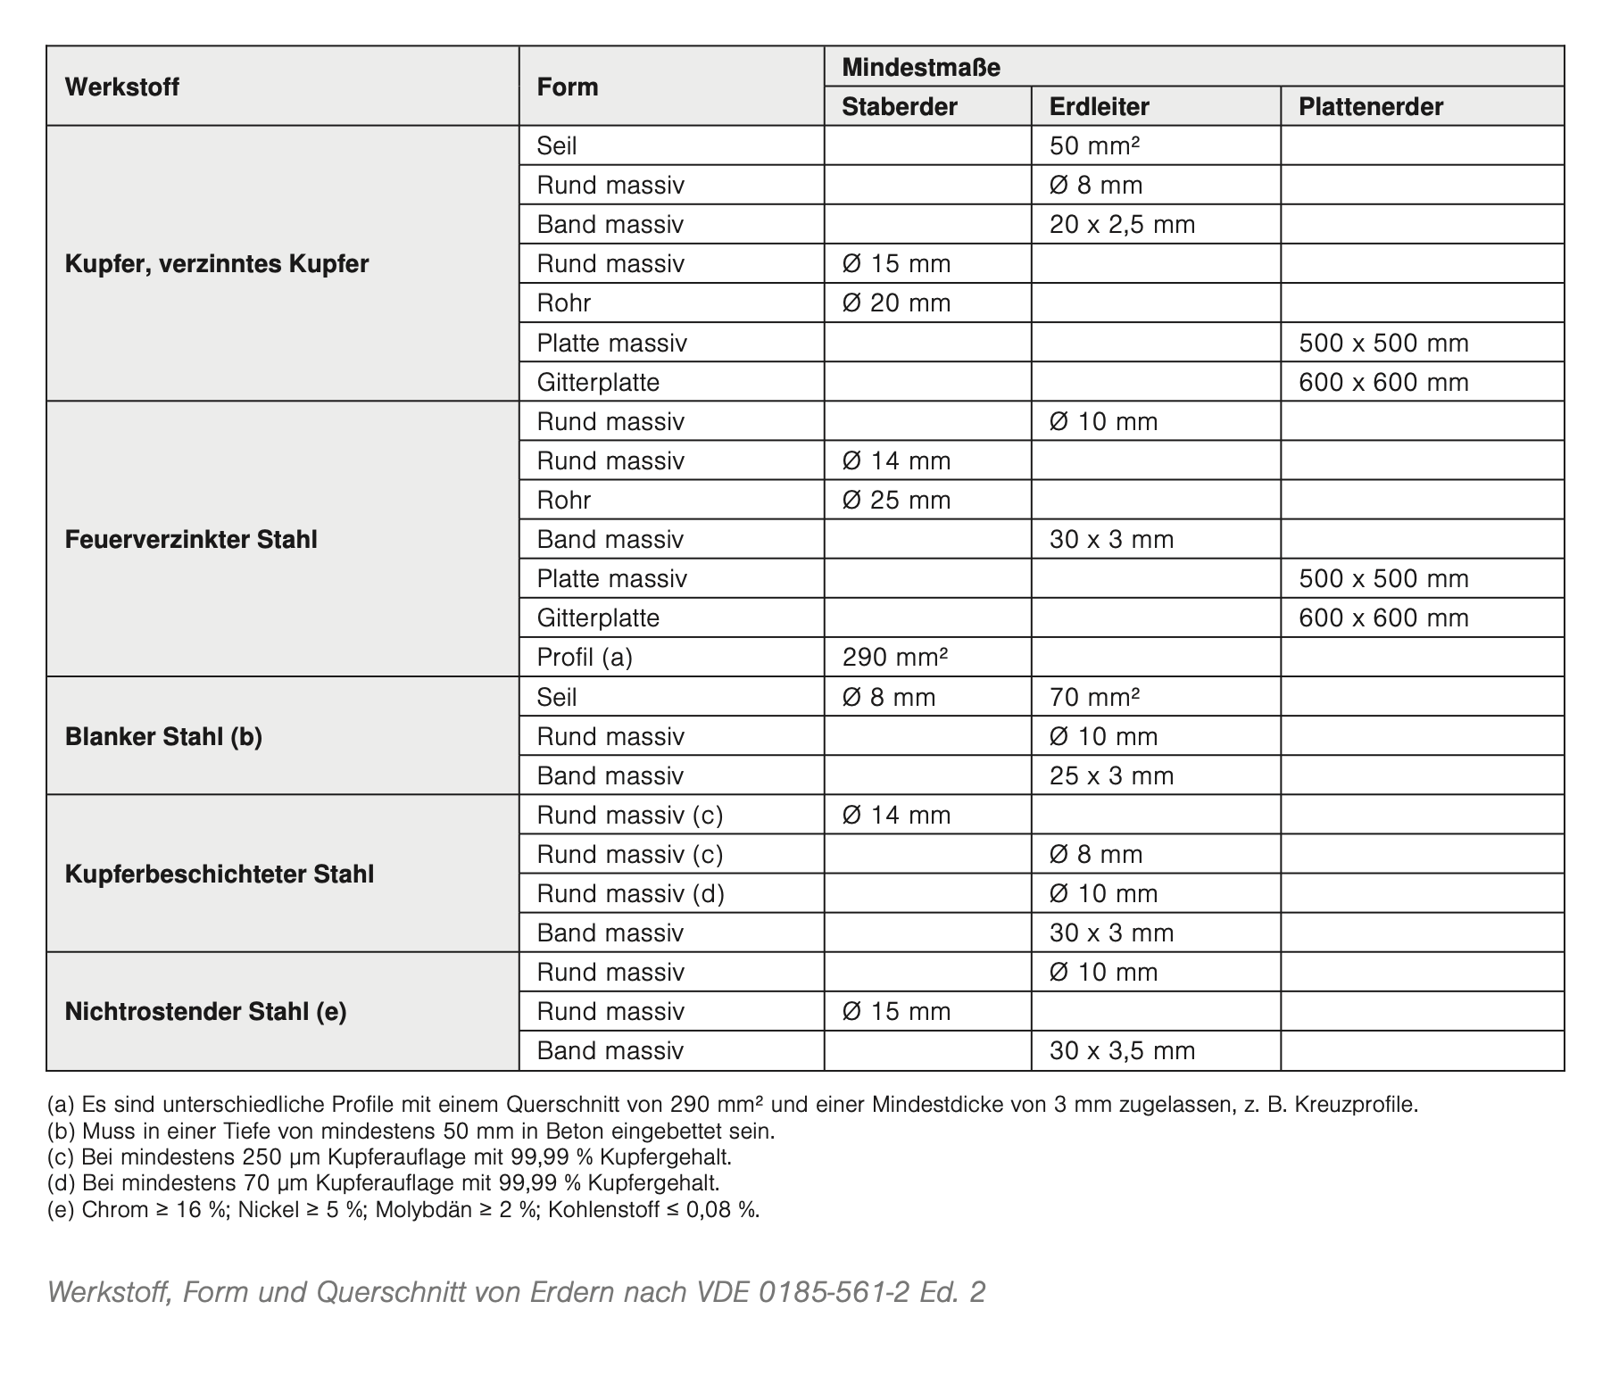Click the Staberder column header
click(x=899, y=107)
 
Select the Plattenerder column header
click(x=1370, y=107)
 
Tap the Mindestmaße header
click(x=920, y=68)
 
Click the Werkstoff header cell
click(x=122, y=87)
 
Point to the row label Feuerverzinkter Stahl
click(x=191, y=540)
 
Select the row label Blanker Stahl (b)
click(x=163, y=737)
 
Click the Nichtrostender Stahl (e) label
click(x=205, y=1012)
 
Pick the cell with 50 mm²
click(x=1094, y=146)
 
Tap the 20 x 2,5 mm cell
click(x=1122, y=225)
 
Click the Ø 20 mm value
click(x=896, y=303)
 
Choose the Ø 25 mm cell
click(x=896, y=501)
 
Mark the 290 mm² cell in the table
click(x=894, y=658)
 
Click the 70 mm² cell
click(x=1094, y=697)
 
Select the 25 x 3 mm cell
click(x=1111, y=776)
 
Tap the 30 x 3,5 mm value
click(x=1122, y=1051)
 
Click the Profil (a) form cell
click(x=585, y=658)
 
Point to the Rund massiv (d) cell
click(x=630, y=894)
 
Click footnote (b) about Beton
click(x=411, y=1131)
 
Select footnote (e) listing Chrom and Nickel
click(x=403, y=1210)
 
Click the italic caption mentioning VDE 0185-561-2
click(x=516, y=1292)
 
